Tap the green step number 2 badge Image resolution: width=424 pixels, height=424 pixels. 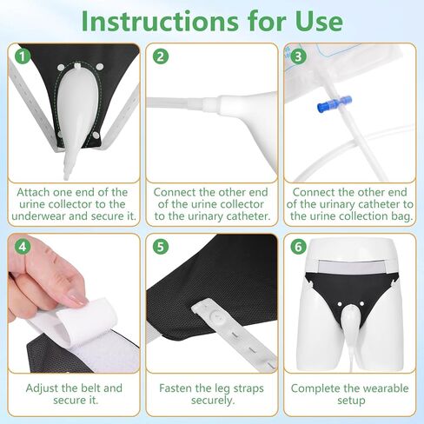click(x=160, y=56)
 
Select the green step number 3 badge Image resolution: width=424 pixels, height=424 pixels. click(x=299, y=56)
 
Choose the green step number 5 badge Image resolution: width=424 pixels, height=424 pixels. click(x=160, y=246)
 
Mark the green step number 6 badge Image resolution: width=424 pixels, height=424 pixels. click(x=299, y=246)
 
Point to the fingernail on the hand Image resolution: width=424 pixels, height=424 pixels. click(x=76, y=299)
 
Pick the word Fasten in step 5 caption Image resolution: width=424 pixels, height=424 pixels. click(x=178, y=388)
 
